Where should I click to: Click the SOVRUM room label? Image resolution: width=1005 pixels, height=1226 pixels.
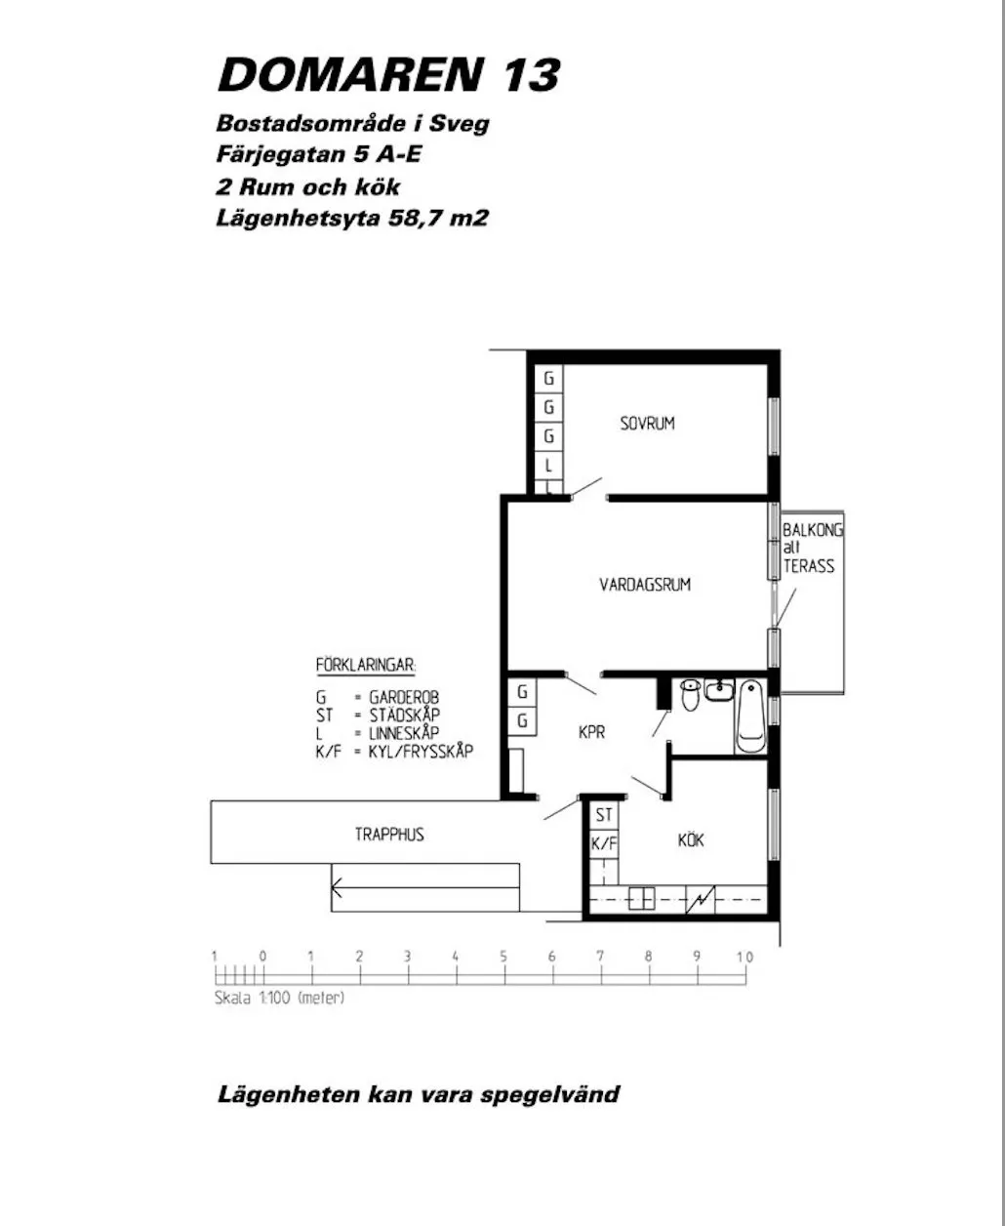[x=647, y=424]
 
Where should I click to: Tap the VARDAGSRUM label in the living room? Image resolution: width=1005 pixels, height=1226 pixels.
[x=645, y=585]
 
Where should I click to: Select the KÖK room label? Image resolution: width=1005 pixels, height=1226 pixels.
[x=691, y=840]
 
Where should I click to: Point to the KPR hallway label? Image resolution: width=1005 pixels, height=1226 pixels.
[x=591, y=732]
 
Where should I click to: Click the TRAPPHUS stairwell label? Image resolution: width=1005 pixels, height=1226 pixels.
[x=389, y=835]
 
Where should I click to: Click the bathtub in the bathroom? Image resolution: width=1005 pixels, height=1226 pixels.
[x=751, y=715]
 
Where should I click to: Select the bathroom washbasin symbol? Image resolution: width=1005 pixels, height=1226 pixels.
[x=720, y=689]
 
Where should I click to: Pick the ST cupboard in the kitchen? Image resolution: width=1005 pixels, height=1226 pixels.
[x=605, y=815]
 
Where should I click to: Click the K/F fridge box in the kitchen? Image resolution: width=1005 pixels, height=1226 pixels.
[x=605, y=843]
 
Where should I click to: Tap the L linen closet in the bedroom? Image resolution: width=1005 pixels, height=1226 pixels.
[x=548, y=465]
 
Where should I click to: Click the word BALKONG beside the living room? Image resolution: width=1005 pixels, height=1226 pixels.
[x=812, y=530]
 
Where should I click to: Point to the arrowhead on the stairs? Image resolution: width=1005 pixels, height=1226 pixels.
[x=336, y=887]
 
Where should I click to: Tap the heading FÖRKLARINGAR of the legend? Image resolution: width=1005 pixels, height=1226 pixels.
[x=366, y=665]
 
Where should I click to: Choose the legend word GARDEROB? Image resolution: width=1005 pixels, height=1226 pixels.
[x=404, y=696]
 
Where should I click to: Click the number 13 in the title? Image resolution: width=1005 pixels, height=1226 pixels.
[x=531, y=75]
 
